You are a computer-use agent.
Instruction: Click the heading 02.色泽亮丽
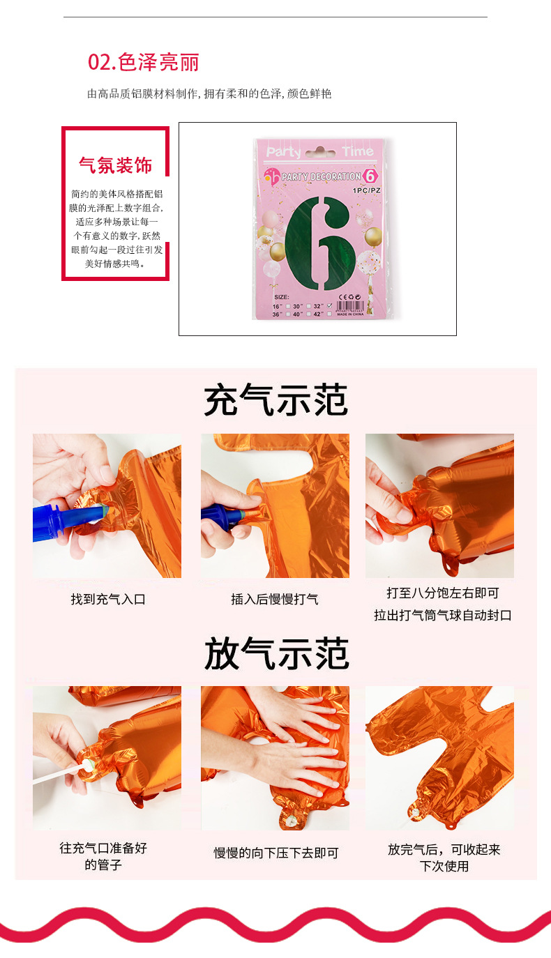144,62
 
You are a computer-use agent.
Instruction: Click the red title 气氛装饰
115,165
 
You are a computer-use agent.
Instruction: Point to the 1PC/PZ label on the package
366,190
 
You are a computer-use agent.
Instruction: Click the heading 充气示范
275,401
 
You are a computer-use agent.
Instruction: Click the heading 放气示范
275,653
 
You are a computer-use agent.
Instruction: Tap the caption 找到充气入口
107,599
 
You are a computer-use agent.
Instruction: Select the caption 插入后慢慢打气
275,599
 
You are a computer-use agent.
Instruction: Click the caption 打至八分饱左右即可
443,593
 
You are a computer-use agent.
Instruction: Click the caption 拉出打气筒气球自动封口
443,615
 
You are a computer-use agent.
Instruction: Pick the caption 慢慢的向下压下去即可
275,853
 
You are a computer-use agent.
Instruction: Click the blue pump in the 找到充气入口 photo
59,522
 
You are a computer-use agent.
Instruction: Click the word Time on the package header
357,152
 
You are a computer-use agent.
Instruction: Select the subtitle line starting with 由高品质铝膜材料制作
209,93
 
